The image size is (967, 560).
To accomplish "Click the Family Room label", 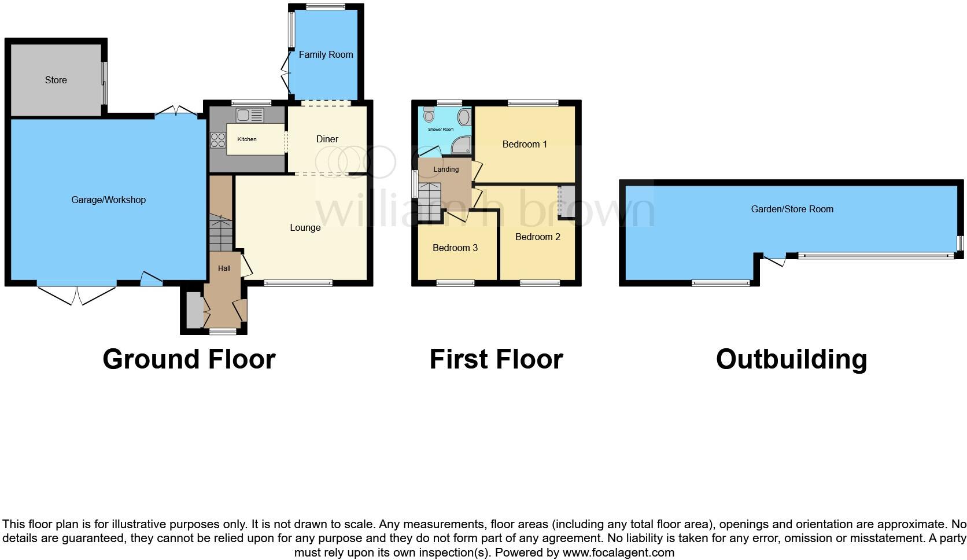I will (326, 55).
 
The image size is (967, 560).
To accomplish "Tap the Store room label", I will (56, 80).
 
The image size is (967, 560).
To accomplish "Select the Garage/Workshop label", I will (108, 200).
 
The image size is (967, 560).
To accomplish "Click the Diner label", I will (327, 139).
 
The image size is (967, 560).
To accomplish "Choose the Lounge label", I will (305, 228).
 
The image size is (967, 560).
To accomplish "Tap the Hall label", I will (224, 268).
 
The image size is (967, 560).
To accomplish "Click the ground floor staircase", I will (220, 233).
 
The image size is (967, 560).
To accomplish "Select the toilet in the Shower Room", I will (429, 115).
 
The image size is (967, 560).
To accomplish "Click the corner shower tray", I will (461, 146).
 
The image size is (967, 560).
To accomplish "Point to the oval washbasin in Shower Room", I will (464, 117).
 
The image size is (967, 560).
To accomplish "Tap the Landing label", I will (446, 170).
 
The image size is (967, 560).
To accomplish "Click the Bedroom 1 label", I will (525, 145).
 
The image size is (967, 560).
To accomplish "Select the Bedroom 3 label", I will (455, 248).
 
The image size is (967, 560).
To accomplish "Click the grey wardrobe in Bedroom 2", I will (566, 201).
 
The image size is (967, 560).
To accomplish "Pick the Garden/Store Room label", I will (792, 209).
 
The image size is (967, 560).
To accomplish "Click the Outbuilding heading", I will (791, 359).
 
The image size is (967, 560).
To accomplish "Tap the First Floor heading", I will (496, 359).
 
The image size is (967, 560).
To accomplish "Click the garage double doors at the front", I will (77, 294).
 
